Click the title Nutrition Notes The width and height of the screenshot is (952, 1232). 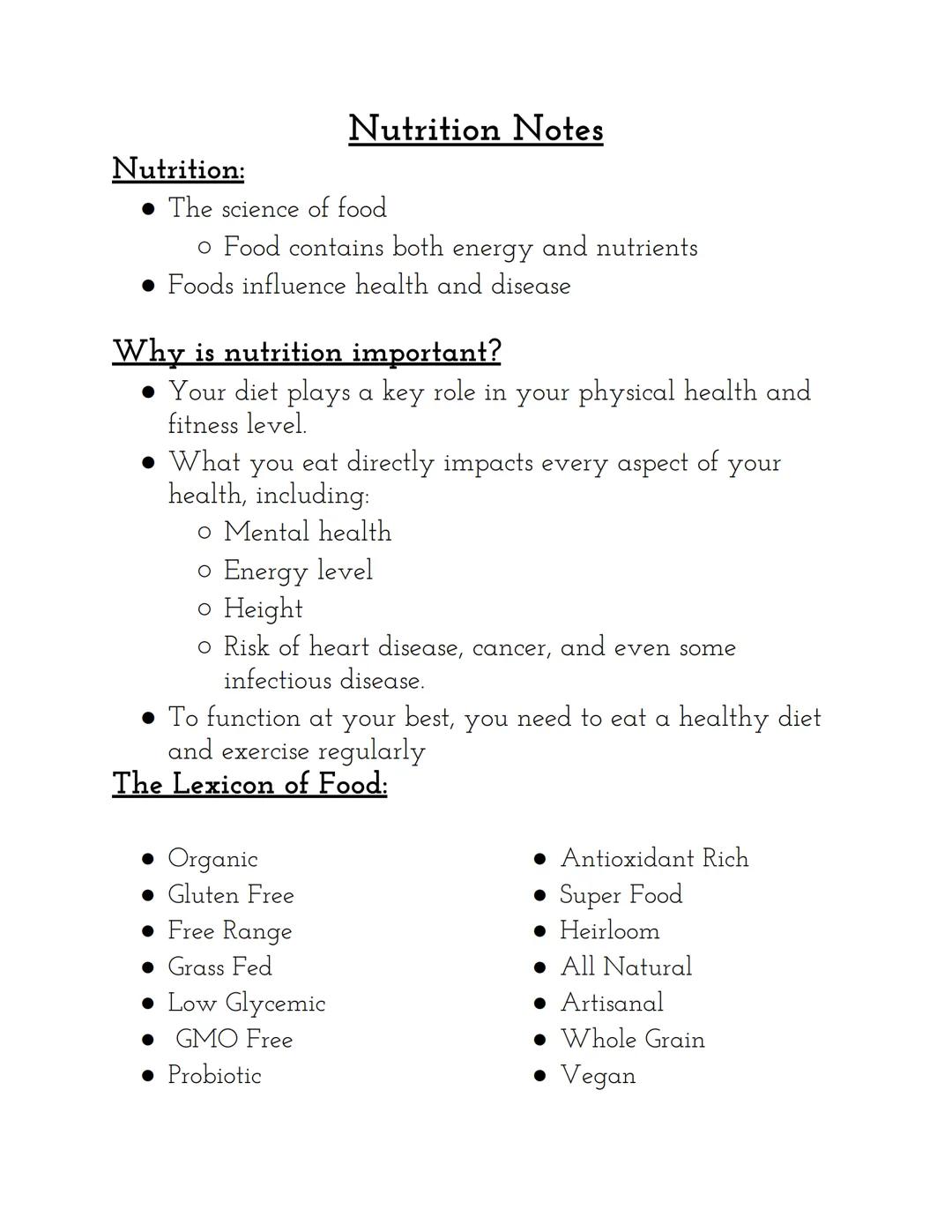click(x=476, y=129)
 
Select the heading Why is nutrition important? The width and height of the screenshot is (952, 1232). click(x=307, y=352)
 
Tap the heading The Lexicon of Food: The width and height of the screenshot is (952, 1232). click(x=249, y=783)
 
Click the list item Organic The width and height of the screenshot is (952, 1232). click(x=212, y=859)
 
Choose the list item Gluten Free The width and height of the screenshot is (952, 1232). click(x=231, y=895)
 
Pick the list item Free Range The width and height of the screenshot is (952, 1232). click(x=230, y=931)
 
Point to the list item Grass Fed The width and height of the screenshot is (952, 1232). click(x=219, y=967)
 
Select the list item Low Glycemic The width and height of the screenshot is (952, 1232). click(x=247, y=1004)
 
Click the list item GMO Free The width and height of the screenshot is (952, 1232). click(x=234, y=1040)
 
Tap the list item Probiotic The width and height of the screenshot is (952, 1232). click(x=214, y=1076)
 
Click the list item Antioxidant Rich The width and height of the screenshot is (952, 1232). click(x=654, y=859)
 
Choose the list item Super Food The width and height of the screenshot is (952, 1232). click(x=621, y=895)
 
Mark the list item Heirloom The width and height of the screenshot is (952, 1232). click(x=609, y=931)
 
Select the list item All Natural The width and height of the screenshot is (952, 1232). click(x=626, y=967)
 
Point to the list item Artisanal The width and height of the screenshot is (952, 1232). click(x=612, y=1004)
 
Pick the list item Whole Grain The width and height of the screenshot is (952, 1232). click(x=632, y=1040)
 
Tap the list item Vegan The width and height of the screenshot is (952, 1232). click(x=598, y=1076)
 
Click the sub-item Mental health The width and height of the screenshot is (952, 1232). click(x=307, y=533)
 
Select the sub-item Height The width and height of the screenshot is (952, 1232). click(x=263, y=609)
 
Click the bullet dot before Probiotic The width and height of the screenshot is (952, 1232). click(x=148, y=1076)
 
